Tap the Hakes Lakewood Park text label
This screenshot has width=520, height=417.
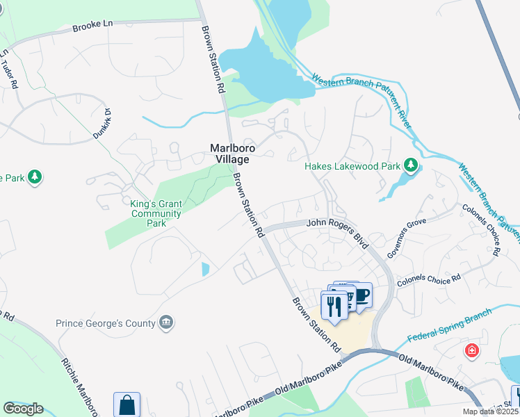coord(352,166)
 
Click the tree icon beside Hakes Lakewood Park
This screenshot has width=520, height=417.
coord(412,165)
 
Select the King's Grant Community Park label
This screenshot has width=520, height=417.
coord(156,213)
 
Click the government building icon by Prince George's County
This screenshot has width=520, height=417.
coord(166,322)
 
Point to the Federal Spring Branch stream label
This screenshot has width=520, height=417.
coord(449,325)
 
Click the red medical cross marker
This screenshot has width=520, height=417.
coord(472,350)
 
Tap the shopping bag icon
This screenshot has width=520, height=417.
coord(127,404)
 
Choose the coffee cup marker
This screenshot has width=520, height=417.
coord(363,295)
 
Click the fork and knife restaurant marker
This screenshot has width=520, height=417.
coord(334,305)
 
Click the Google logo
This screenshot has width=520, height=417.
coord(23,409)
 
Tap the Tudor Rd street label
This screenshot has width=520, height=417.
coord(9,67)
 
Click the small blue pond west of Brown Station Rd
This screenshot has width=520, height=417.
coord(204,269)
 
